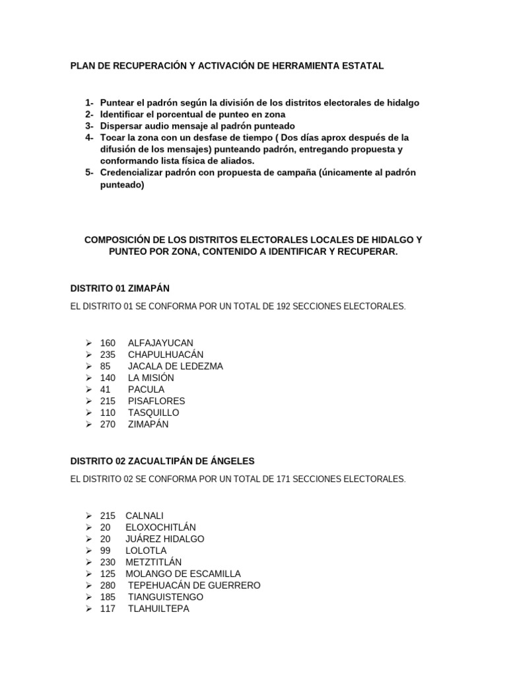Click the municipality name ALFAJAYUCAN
160,343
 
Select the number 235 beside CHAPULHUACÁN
108,355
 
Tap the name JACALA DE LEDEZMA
175,366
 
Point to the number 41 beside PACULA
106,389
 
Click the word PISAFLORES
156,401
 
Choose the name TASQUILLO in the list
153,413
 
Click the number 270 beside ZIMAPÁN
108,424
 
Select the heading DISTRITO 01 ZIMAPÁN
124,288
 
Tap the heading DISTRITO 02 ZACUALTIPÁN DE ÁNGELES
162,460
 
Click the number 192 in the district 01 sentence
294,306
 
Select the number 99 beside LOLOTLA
106,551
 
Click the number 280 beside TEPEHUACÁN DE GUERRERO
108,586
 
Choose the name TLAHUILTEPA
158,609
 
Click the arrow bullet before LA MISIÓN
88,378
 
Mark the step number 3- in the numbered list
89,125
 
